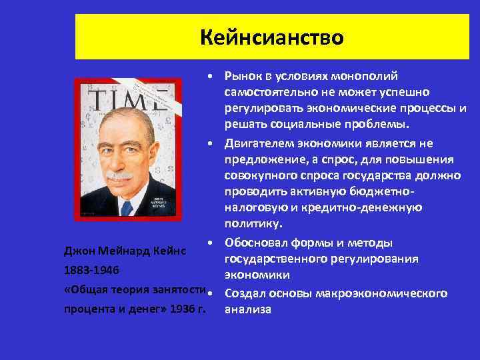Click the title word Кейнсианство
(x=272, y=37)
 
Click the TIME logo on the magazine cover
(x=127, y=101)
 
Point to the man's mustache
(x=120, y=176)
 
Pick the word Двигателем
(x=262, y=143)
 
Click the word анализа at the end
(x=248, y=309)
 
